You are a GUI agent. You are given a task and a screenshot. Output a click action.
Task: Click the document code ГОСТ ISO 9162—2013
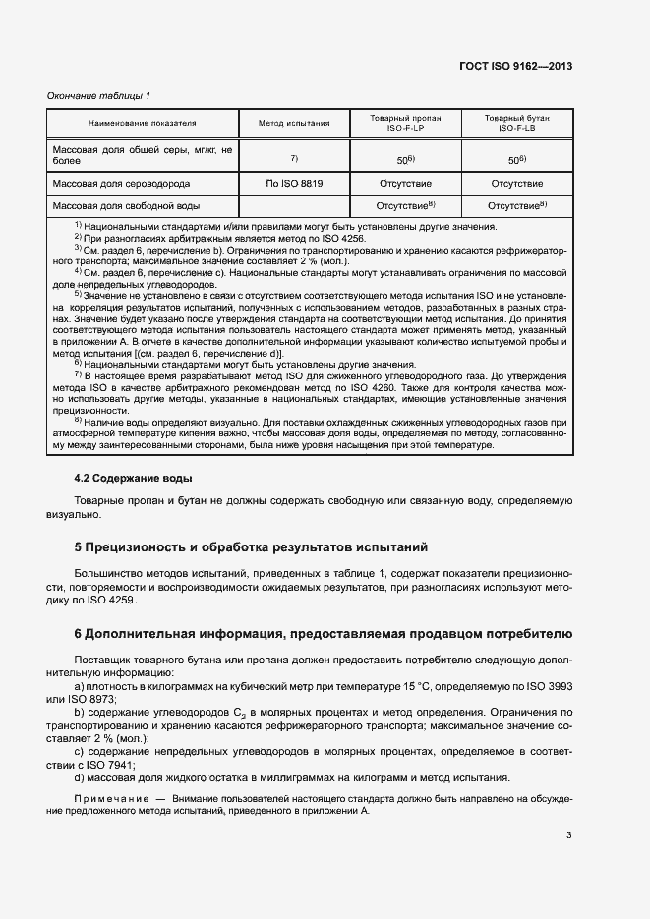click(516, 67)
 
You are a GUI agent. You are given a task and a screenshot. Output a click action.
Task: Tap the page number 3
click(568, 835)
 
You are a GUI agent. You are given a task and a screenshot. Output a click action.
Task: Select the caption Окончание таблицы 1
click(98, 95)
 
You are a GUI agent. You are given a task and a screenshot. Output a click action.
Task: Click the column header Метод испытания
click(294, 124)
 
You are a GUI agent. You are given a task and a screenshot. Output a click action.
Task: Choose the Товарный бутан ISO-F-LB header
click(517, 124)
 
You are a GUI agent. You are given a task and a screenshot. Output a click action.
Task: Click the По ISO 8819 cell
click(294, 184)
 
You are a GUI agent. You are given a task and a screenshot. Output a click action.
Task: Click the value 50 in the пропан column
click(403, 159)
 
